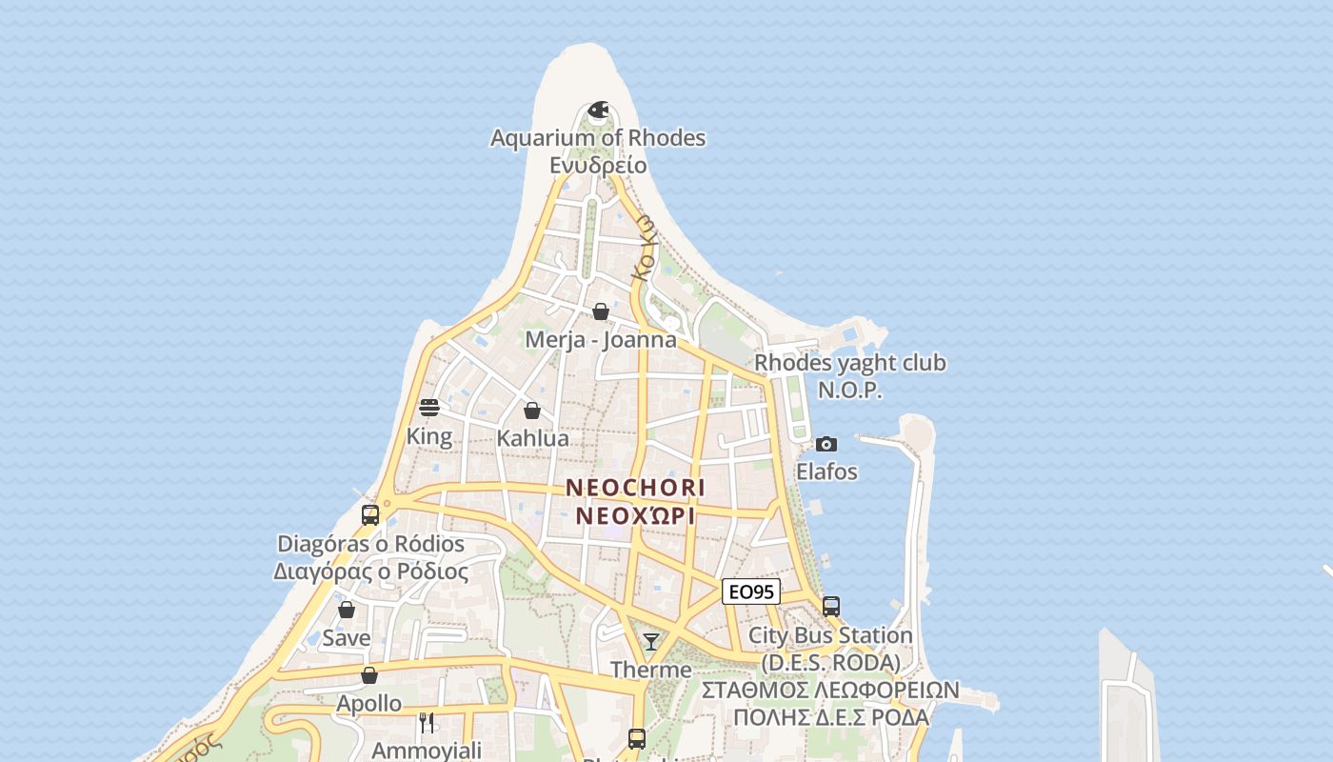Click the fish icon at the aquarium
click(598, 111)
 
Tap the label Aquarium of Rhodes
click(598, 138)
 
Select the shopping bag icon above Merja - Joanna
click(601, 311)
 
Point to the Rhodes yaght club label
click(850, 363)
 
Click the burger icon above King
click(429, 409)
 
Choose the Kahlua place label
click(533, 439)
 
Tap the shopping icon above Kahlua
click(532, 411)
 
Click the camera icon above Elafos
click(826, 444)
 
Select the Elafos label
click(826, 471)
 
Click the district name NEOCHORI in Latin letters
click(636, 488)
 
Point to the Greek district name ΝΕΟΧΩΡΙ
click(636, 516)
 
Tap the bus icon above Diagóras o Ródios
click(370, 515)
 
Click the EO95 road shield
click(751, 592)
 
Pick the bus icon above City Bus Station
click(831, 607)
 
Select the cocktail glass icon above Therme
click(651, 642)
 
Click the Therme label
click(651, 670)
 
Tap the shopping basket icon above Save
click(347, 610)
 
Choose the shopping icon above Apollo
click(369, 675)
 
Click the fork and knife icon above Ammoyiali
click(427, 723)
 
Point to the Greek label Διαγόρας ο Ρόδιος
click(371, 572)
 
